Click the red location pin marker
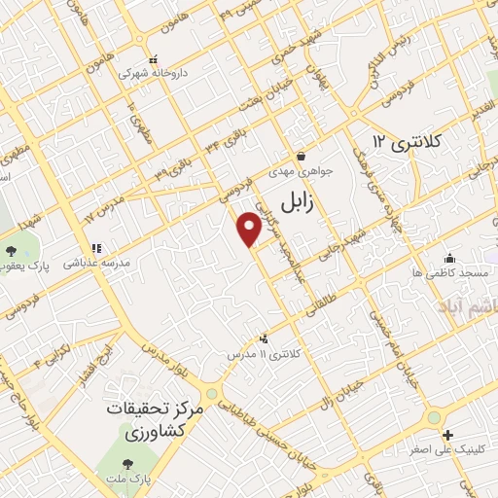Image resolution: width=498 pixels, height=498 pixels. click(x=250, y=228)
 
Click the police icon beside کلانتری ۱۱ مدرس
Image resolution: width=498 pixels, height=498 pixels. click(x=263, y=338)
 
